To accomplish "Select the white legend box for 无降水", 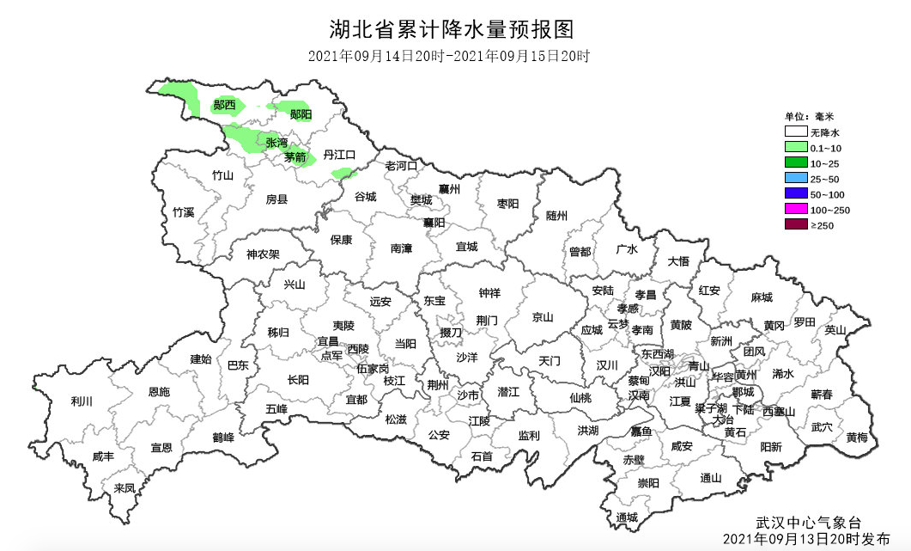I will (x=795, y=132).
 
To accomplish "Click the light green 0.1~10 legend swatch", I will (x=795, y=148).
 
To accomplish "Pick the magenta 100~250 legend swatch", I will (x=795, y=210).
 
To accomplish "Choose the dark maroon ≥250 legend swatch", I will (x=795, y=225).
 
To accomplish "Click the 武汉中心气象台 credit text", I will (x=807, y=522).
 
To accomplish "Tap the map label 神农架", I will (x=263, y=254).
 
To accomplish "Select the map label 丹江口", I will (x=338, y=155).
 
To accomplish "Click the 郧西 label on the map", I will (x=225, y=106).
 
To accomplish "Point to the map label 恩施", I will (x=159, y=391).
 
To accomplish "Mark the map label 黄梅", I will (x=856, y=437).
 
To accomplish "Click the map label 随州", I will (x=556, y=216).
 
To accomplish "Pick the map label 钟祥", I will (x=489, y=292).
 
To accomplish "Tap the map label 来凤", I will (x=125, y=487).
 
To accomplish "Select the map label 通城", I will (x=628, y=517).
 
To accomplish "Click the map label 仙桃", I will (x=580, y=398).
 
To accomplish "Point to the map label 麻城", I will (x=761, y=297).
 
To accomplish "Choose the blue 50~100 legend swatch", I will (x=795, y=194).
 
